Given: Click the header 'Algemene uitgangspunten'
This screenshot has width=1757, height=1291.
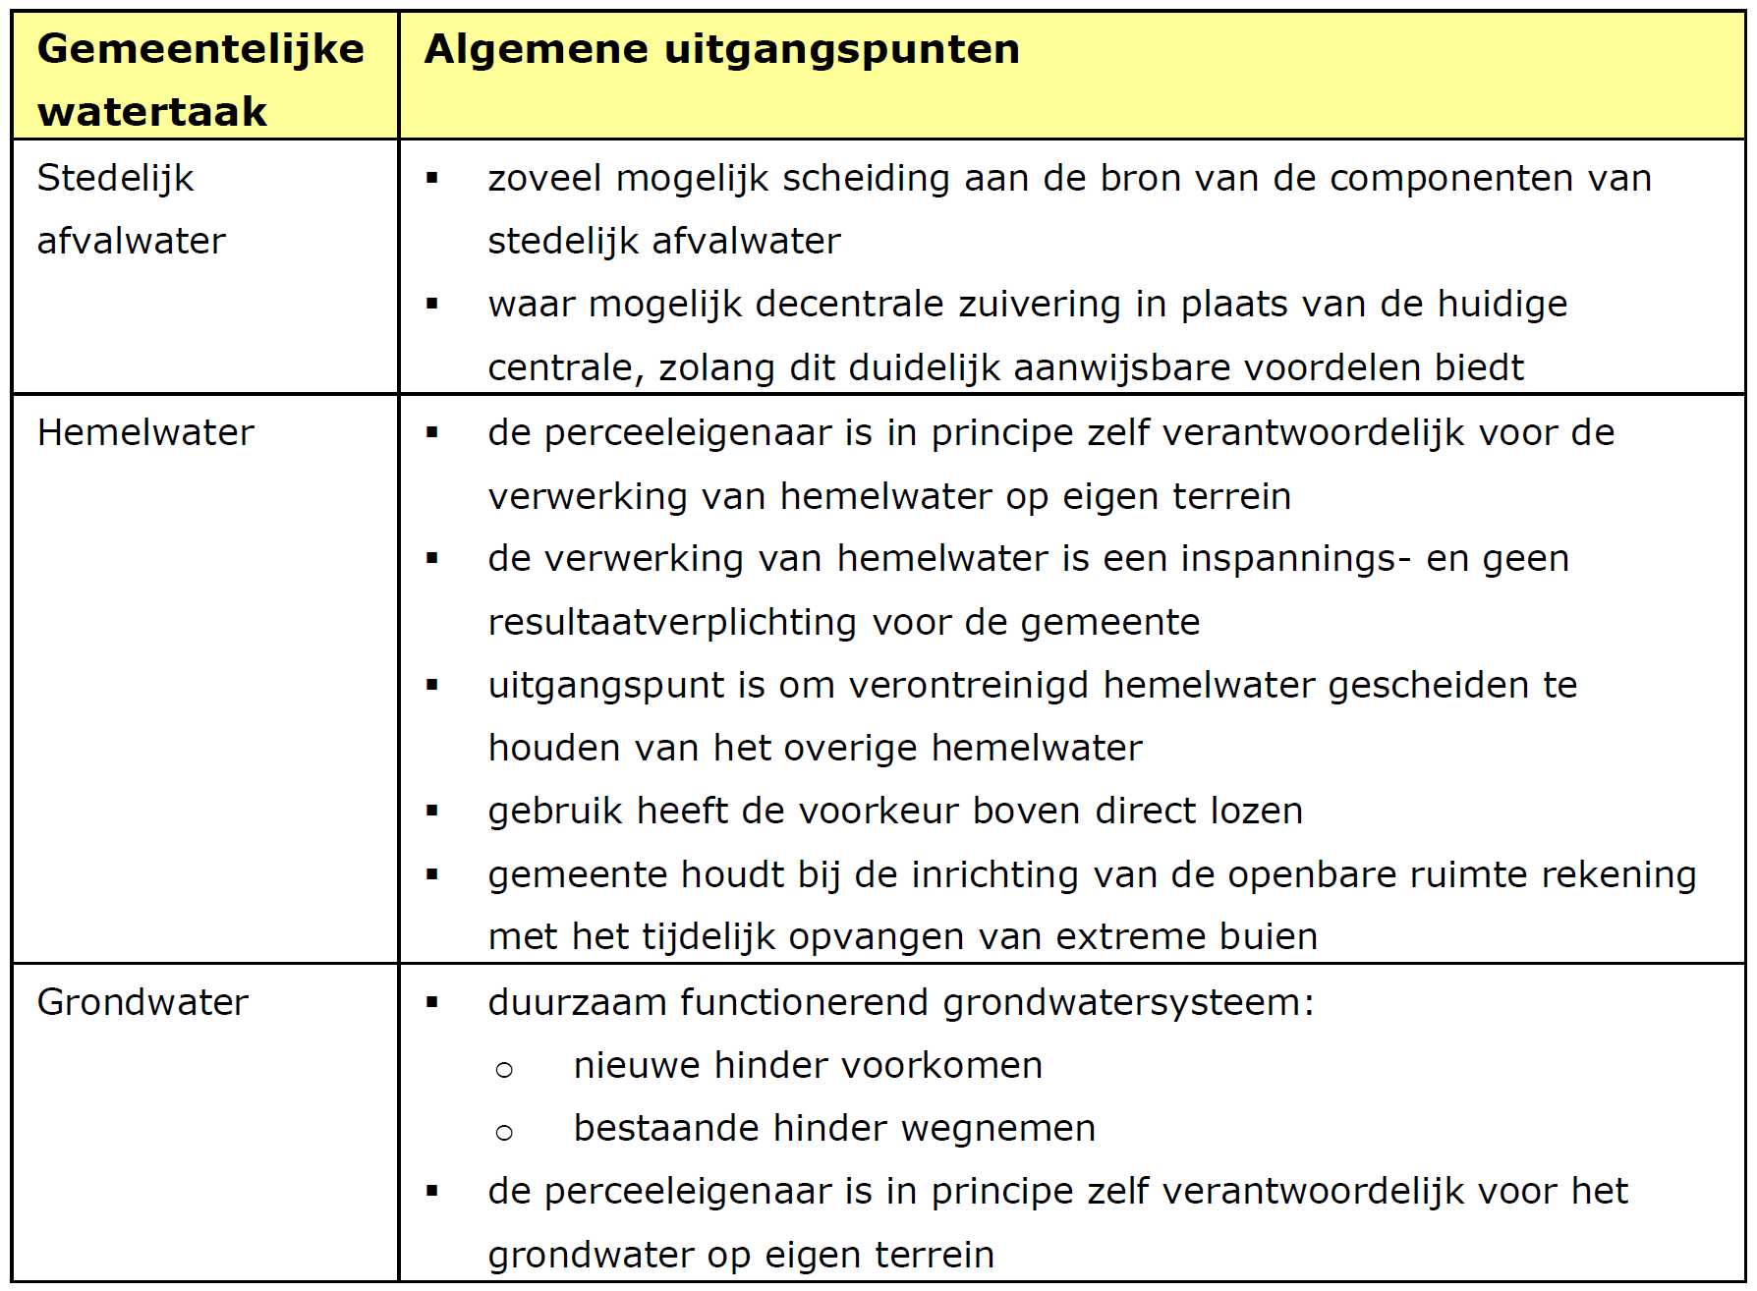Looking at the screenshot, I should click(x=722, y=49).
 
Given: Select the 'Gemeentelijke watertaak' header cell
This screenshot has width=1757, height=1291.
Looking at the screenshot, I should click(x=200, y=79).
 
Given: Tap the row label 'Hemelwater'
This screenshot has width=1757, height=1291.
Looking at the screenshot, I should click(x=145, y=432).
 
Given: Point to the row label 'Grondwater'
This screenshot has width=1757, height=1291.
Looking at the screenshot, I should click(x=142, y=1002).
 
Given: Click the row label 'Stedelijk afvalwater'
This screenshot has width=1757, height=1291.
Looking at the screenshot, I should click(x=131, y=209).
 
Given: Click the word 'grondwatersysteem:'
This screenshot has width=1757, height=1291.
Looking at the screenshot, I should click(x=1128, y=1003).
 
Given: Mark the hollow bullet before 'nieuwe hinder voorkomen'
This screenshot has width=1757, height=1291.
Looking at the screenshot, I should click(x=504, y=1070).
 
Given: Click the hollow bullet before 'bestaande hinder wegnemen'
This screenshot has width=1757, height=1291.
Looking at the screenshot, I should click(x=504, y=1133).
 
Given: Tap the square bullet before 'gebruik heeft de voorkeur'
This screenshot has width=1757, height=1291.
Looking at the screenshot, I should click(x=432, y=811).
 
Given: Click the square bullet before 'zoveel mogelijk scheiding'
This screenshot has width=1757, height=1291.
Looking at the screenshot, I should click(x=432, y=178).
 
